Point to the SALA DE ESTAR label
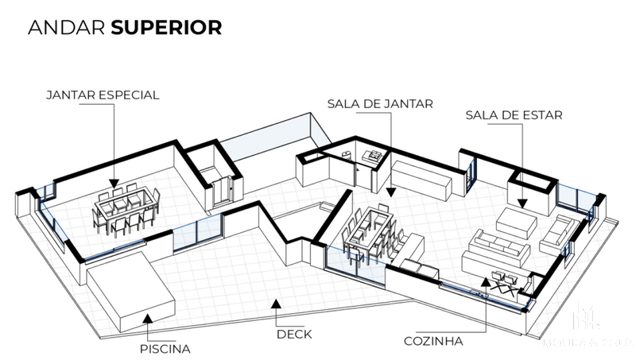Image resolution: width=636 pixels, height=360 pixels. tap(514, 115)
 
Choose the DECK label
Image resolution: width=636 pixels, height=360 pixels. tap(293, 335)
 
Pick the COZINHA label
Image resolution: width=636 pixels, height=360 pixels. tap(432, 343)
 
